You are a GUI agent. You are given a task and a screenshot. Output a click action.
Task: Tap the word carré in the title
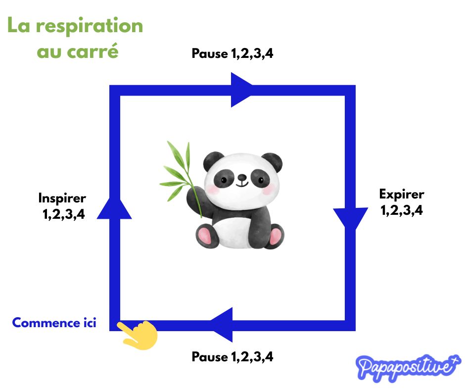pyautogui.click(x=93, y=51)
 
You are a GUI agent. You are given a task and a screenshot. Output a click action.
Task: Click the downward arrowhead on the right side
pyautogui.click(x=351, y=218)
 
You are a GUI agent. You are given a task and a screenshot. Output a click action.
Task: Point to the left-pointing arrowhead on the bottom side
pyautogui.click(x=222, y=325)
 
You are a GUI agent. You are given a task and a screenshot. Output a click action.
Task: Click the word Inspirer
pyautogui.click(x=62, y=198)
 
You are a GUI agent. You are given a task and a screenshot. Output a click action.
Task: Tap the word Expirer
pyautogui.click(x=402, y=195)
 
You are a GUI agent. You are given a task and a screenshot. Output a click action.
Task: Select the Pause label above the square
pyautogui.click(x=210, y=53)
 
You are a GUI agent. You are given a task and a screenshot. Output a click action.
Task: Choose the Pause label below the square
pyautogui.click(x=210, y=356)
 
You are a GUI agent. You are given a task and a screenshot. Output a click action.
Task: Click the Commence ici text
pyautogui.click(x=54, y=323)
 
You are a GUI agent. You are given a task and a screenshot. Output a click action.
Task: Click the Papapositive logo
pyautogui.click(x=408, y=367)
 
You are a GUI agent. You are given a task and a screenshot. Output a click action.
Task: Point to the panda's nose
pyautogui.click(x=242, y=177)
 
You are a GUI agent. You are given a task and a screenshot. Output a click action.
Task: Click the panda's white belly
pyautogui.click(x=233, y=233)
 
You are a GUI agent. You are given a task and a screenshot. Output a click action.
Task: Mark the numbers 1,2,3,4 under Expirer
pyautogui.click(x=402, y=210)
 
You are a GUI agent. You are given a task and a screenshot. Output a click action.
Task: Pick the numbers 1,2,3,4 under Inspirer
pyautogui.click(x=63, y=214)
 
